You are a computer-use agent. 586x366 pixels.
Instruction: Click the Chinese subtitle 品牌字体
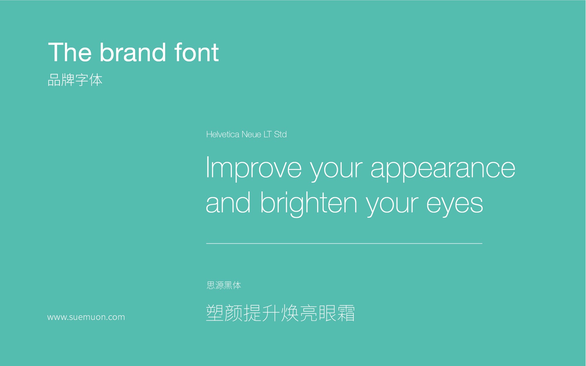coord(75,80)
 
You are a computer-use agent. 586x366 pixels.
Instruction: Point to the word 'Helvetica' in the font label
coord(223,134)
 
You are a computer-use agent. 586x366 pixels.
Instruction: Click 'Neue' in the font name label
coord(251,134)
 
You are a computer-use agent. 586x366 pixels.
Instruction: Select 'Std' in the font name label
coord(280,134)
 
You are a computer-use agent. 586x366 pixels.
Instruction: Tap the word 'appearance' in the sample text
coord(443,169)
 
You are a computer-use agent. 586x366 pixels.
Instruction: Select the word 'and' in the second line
coord(228,202)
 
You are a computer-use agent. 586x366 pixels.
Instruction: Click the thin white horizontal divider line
coord(344,243)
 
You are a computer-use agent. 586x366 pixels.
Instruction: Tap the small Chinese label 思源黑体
coord(224,285)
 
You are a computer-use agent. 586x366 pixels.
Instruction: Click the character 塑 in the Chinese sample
coord(215,313)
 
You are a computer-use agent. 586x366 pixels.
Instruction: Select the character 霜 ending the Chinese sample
coord(346,313)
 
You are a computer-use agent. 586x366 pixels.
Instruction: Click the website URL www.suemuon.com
coord(86,317)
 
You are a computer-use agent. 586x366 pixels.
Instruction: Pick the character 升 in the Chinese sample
coord(271,313)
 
